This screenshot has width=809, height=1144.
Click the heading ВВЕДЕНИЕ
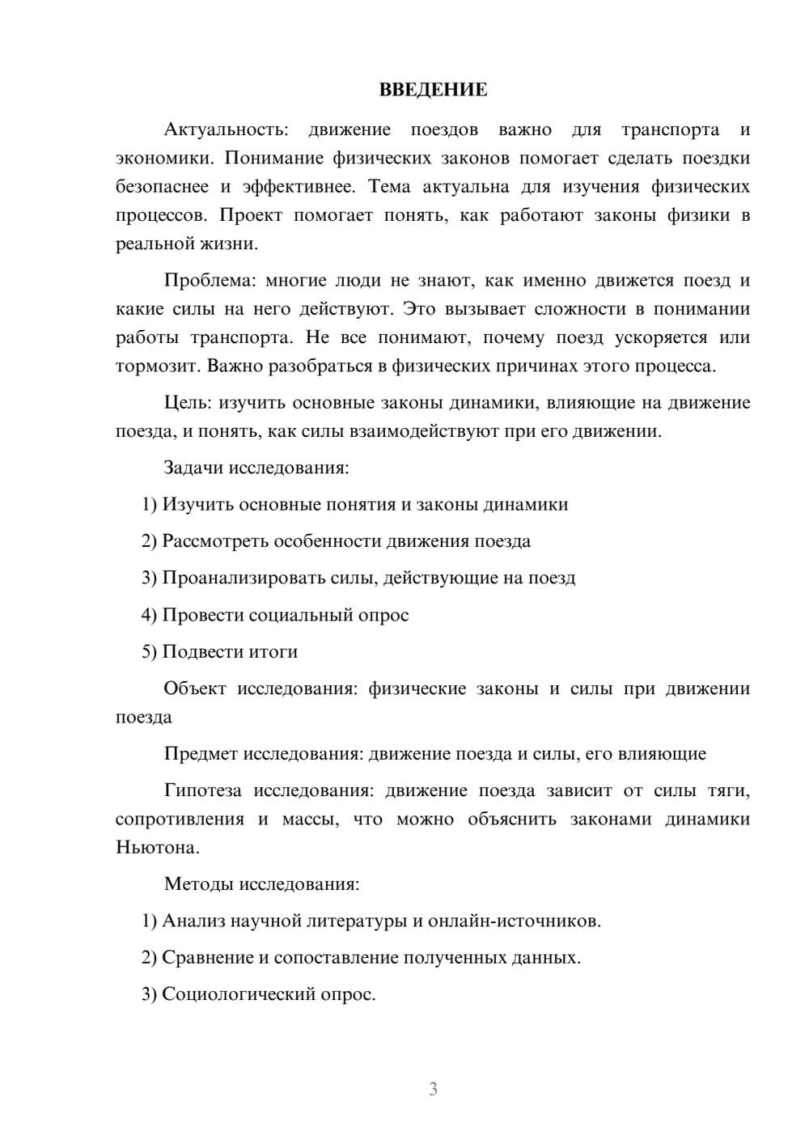click(433, 90)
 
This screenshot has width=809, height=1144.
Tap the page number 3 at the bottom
click(433, 1089)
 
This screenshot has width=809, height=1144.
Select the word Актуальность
click(226, 129)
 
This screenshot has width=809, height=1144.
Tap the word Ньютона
click(157, 848)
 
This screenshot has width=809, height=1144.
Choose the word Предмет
click(201, 754)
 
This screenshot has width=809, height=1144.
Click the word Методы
click(198, 883)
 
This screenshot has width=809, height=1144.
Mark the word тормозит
click(158, 367)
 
